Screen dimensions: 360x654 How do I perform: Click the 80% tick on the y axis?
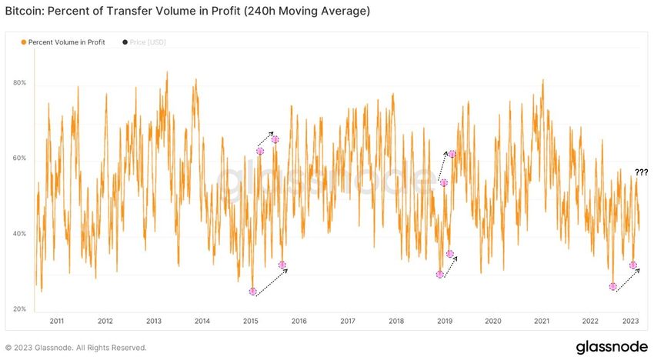[x=20, y=83]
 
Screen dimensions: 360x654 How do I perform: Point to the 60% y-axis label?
[x=20, y=158]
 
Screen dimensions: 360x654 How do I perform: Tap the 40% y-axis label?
[x=20, y=234]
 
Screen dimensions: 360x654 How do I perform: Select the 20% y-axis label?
[x=20, y=309]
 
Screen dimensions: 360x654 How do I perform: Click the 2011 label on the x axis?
[x=57, y=322]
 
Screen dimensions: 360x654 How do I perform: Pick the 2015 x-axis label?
[x=250, y=322]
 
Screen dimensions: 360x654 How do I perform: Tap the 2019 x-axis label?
[x=444, y=322]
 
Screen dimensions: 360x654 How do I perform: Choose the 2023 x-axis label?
[x=629, y=322]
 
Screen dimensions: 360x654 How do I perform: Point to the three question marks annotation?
[x=641, y=172]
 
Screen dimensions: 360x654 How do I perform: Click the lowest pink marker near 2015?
[x=253, y=292]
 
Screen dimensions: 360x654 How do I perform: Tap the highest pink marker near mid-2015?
[x=275, y=139]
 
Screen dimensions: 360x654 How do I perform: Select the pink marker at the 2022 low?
[x=613, y=286]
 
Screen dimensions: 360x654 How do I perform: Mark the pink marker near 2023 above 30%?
[x=633, y=265]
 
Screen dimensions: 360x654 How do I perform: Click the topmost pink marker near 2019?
[x=452, y=154]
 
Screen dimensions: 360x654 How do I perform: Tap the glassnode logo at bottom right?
[x=612, y=346]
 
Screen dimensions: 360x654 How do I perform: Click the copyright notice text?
[x=75, y=348]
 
